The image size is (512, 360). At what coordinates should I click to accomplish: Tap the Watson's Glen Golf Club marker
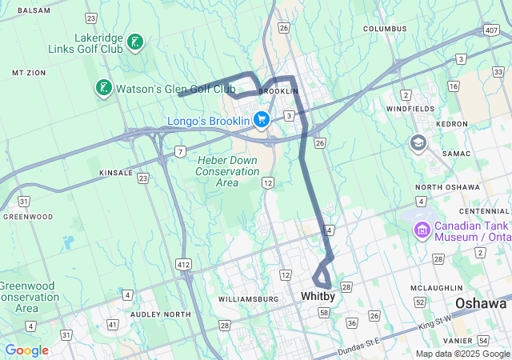tap(103, 87)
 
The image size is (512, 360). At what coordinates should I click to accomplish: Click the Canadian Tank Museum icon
tap(422, 230)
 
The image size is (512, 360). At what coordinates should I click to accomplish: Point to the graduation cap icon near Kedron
tap(418, 143)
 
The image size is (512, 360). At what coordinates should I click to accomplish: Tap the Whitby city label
tap(317, 296)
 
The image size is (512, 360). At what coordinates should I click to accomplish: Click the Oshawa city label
tap(481, 304)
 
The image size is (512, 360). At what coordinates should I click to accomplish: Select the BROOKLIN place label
tap(278, 91)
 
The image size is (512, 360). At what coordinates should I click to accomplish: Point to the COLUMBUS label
tap(385, 29)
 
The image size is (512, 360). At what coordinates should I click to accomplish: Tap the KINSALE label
tap(116, 173)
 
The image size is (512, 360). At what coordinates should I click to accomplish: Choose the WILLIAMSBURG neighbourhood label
tap(248, 299)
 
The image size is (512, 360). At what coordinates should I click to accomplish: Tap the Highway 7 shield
tap(181, 151)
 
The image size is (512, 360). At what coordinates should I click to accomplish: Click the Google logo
tap(26, 350)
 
